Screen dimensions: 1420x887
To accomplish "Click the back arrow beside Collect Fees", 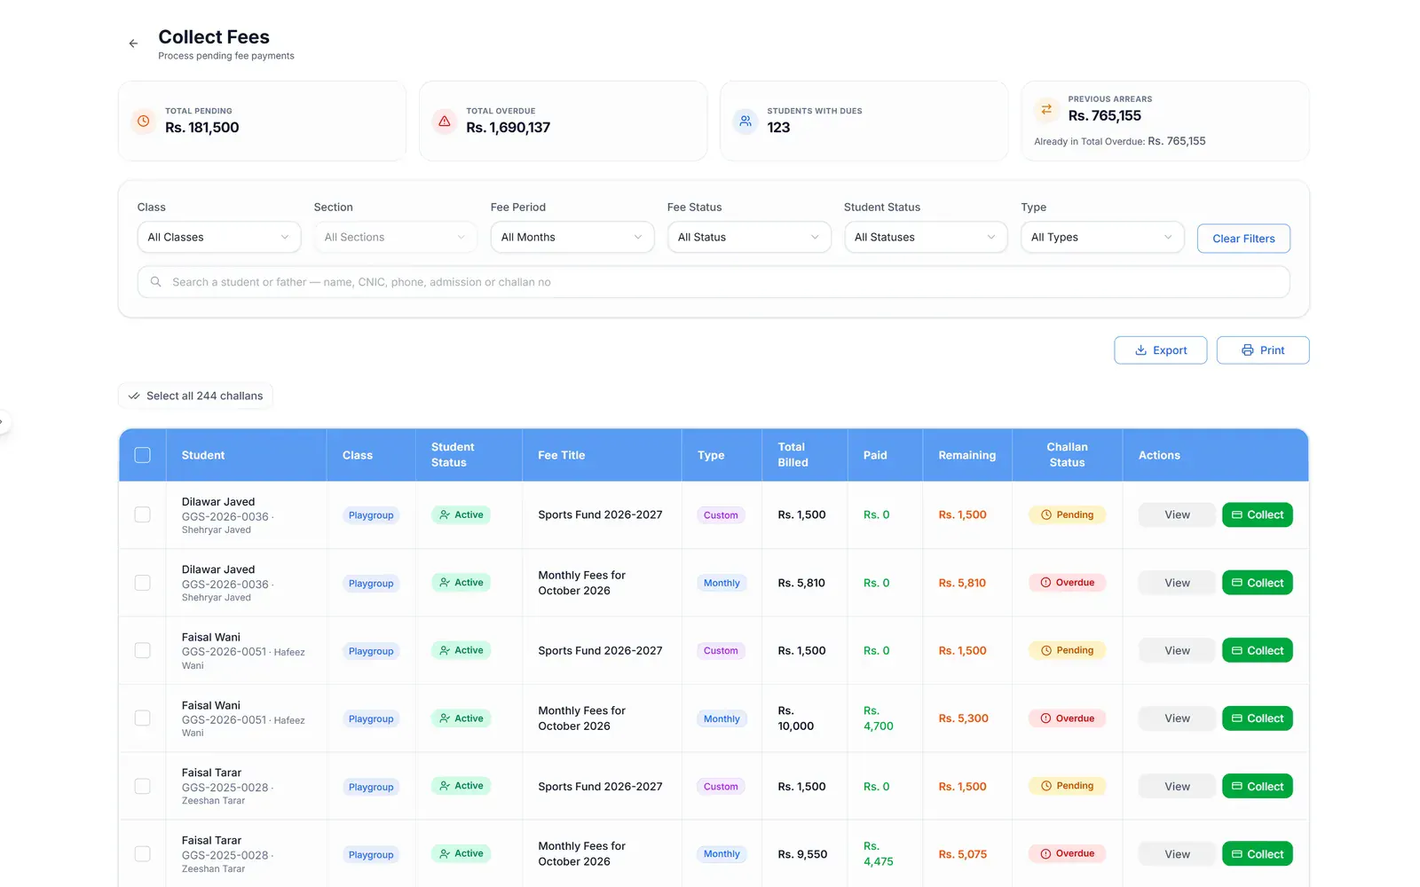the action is coord(133,43).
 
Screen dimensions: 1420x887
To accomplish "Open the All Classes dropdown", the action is coord(218,237).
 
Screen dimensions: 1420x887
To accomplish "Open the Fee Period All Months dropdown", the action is coord(572,237).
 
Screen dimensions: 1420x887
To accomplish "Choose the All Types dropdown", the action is coord(1101,237).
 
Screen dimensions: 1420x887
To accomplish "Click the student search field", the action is coord(714,282).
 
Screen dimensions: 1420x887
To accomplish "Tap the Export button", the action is coord(1160,350).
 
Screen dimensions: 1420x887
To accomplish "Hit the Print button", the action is coord(1262,350).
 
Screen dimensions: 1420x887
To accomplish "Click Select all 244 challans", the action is coord(195,396).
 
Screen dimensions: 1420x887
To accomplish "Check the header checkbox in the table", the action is coord(143,455).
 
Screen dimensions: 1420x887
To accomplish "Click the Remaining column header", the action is coord(966,455).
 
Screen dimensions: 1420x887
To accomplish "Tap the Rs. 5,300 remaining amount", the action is coord(963,718).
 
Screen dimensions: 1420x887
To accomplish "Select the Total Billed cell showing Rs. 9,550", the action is coord(802,853).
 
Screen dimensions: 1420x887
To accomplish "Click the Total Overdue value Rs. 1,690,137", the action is coord(508,128).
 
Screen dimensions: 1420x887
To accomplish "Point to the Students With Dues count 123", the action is coord(778,128).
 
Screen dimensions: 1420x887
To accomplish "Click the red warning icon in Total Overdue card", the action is coord(445,121).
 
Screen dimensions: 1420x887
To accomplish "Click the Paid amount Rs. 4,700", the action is coord(878,718).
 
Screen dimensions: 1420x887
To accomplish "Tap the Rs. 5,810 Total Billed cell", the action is coord(801,582).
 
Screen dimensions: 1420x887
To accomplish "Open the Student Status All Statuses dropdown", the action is coord(925,237).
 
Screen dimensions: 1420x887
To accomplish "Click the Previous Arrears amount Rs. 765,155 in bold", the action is coord(1104,115).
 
